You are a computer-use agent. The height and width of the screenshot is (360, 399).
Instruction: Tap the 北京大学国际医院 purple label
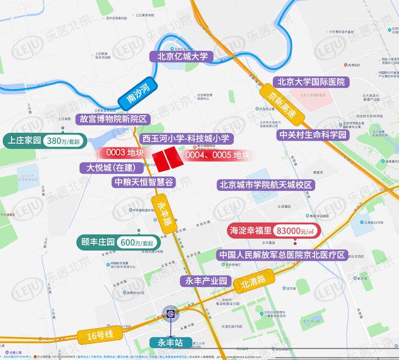313,82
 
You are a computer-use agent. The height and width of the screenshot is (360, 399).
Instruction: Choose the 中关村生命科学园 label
313,135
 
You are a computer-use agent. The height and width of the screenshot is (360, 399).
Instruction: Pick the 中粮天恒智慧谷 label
143,182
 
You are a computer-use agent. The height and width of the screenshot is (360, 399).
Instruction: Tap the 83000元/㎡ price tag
295,231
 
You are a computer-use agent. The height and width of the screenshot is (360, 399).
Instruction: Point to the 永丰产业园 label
203,281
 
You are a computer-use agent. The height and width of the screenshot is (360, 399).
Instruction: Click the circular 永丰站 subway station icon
170,314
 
